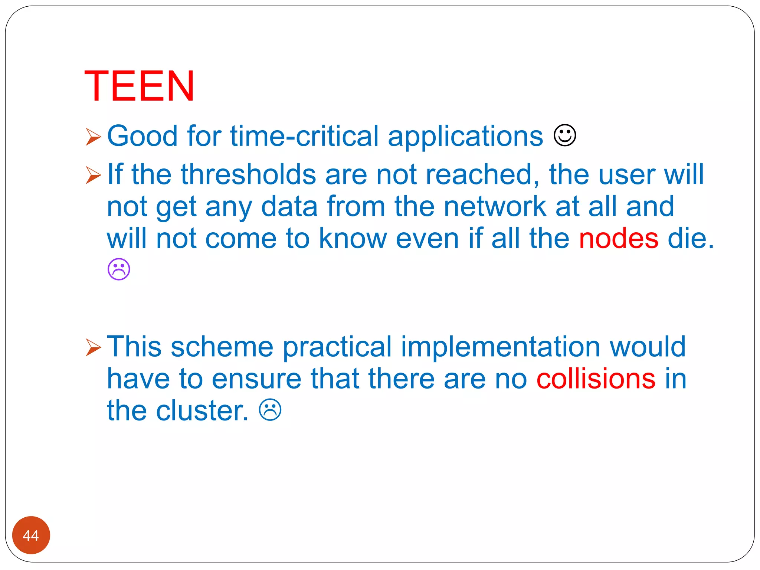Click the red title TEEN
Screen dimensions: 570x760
[139, 86]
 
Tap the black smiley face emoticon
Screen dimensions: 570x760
[565, 136]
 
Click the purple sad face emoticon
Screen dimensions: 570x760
[119, 269]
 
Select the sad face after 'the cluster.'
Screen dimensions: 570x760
[270, 410]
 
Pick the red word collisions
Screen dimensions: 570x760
[596, 379]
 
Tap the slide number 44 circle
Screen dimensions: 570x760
[31, 535]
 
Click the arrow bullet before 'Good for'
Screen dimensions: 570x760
[93, 137]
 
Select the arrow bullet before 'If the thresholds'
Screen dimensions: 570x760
[93, 175]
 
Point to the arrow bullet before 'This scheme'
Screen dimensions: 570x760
[93, 347]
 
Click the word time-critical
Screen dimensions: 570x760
[304, 136]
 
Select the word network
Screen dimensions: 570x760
[495, 206]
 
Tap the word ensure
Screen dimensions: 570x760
[256, 379]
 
